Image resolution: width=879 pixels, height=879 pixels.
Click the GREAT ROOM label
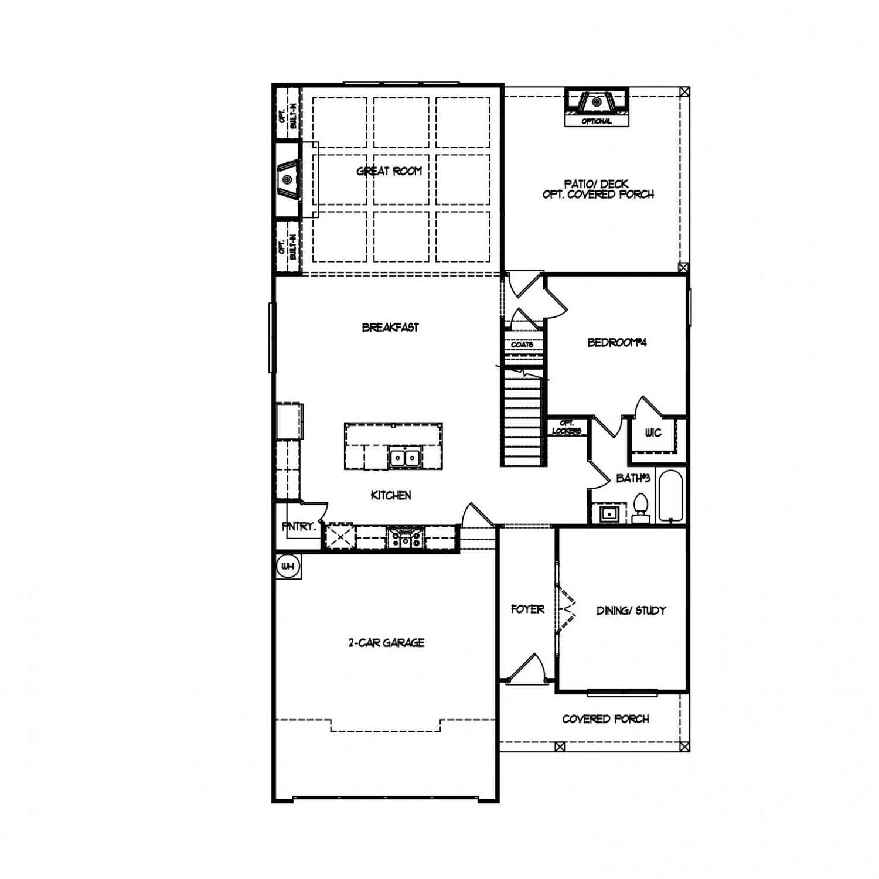point(389,171)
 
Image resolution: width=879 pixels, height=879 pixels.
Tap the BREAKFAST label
point(390,328)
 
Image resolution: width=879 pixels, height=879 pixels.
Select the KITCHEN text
point(391,495)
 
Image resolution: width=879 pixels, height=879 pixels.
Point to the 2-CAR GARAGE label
point(386,643)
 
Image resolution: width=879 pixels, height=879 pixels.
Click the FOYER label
point(527,609)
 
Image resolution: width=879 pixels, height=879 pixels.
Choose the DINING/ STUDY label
point(631,611)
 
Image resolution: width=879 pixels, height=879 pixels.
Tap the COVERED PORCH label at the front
point(605,719)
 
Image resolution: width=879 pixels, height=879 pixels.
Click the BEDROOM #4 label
point(617,342)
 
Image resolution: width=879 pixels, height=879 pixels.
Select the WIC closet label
point(653,433)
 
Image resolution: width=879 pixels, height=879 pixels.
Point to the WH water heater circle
point(288,567)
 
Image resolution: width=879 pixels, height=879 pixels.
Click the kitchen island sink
point(405,457)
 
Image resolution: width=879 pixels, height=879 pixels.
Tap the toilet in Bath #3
point(641,509)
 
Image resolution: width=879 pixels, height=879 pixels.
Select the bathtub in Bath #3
point(670,496)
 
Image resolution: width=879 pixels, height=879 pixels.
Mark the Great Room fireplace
point(288,179)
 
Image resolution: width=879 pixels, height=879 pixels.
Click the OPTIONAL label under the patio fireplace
point(597,121)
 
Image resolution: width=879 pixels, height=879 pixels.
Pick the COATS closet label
point(522,345)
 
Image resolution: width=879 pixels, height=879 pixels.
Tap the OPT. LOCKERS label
point(567,427)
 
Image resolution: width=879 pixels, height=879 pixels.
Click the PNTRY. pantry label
point(299,527)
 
